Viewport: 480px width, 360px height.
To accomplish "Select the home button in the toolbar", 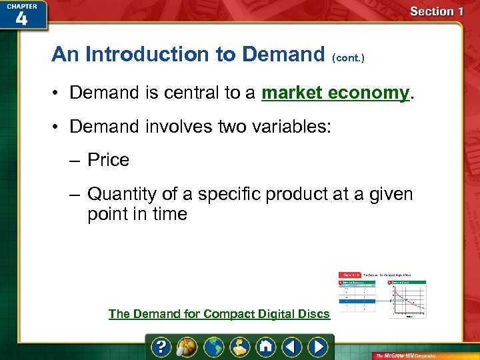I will tap(266, 347).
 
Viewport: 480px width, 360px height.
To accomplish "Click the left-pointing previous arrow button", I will tap(292, 347).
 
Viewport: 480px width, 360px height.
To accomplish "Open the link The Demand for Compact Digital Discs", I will tap(219, 313).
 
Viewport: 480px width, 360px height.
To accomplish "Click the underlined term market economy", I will tap(335, 93).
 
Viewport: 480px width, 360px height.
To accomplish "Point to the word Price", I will tap(108, 160).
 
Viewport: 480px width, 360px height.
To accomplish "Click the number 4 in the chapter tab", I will tap(21, 19).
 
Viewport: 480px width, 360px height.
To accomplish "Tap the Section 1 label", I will tap(437, 11).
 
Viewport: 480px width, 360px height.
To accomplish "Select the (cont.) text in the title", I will tap(347, 58).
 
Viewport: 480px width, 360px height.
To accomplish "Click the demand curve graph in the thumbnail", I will tap(408, 299).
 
